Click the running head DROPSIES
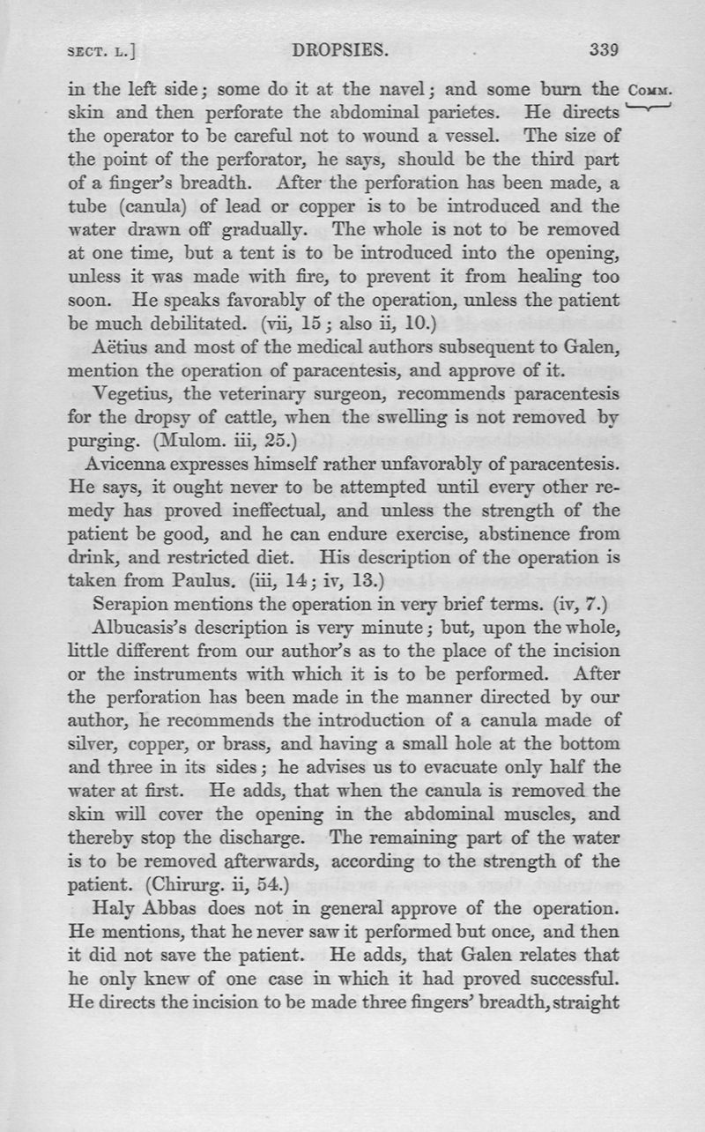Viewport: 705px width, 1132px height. click(340, 50)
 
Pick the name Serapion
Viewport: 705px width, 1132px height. click(129, 604)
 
